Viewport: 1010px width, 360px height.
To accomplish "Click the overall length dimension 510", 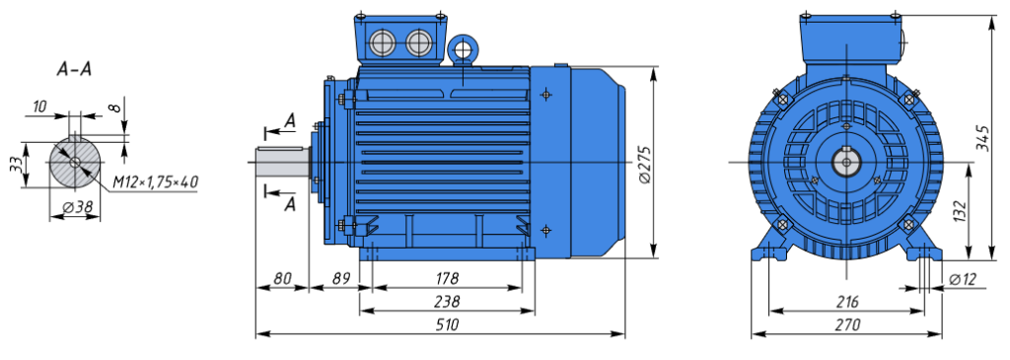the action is [x=447, y=324].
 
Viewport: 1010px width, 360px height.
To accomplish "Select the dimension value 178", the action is [x=447, y=278].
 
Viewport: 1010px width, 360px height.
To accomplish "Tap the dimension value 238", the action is [x=447, y=302].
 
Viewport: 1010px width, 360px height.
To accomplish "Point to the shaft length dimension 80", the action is [x=282, y=278].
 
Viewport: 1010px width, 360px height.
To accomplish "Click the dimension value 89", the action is [x=341, y=278].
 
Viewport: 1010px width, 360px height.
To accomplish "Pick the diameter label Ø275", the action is [x=644, y=165].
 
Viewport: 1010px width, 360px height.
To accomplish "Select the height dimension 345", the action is [x=982, y=138].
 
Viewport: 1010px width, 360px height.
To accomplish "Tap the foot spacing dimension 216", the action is [x=846, y=302].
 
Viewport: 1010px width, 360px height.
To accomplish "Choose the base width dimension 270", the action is [x=846, y=325].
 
